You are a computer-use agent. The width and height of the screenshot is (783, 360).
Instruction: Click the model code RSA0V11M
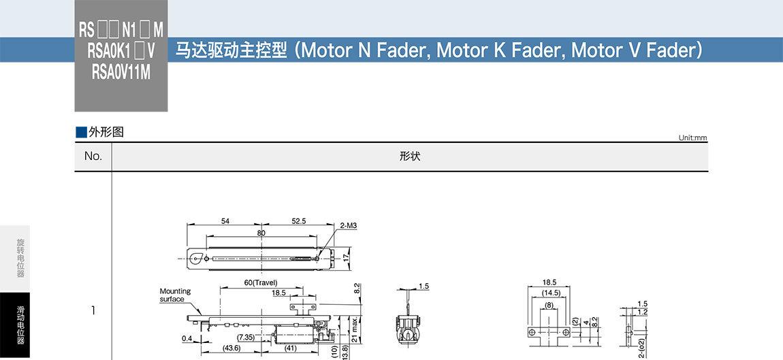pos(121,71)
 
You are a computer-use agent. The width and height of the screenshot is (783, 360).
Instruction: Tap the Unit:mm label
pos(692,138)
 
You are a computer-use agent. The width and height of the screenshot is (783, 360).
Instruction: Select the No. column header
pos(93,157)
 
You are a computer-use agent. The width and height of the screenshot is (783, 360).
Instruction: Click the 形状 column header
pos(410,157)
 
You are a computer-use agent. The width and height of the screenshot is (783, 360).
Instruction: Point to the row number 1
pos(93,311)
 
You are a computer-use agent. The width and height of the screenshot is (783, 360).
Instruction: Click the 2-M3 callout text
pos(348,225)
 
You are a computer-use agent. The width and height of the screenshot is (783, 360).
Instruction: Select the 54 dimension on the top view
pos(225,221)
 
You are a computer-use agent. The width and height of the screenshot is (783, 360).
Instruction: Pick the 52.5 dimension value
pos(298,221)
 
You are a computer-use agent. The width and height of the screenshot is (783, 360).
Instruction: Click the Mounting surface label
pos(175,295)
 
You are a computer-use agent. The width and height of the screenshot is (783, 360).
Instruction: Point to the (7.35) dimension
pos(245,337)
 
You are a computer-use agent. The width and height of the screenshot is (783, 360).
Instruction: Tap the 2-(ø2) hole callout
pos(642,347)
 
